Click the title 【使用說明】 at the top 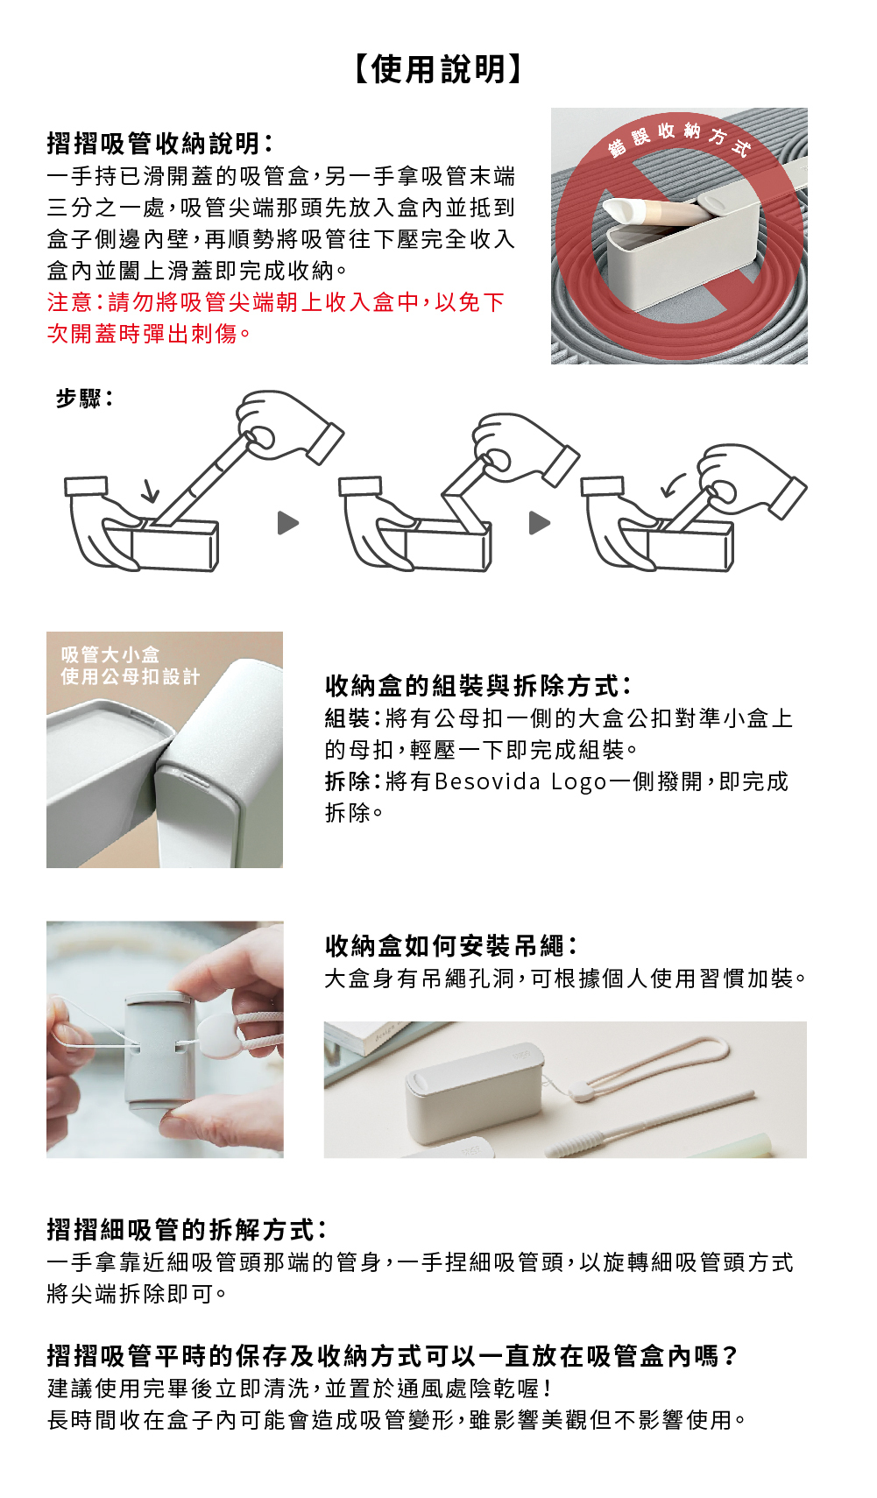point(438,69)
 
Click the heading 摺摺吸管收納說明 point(159,143)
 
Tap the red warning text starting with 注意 point(276,318)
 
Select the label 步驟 point(83,399)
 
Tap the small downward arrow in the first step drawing point(151,492)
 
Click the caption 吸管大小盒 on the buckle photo point(110,654)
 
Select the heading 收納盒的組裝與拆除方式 point(477,685)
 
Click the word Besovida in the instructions point(487,781)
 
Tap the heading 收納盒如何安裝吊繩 point(450,945)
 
